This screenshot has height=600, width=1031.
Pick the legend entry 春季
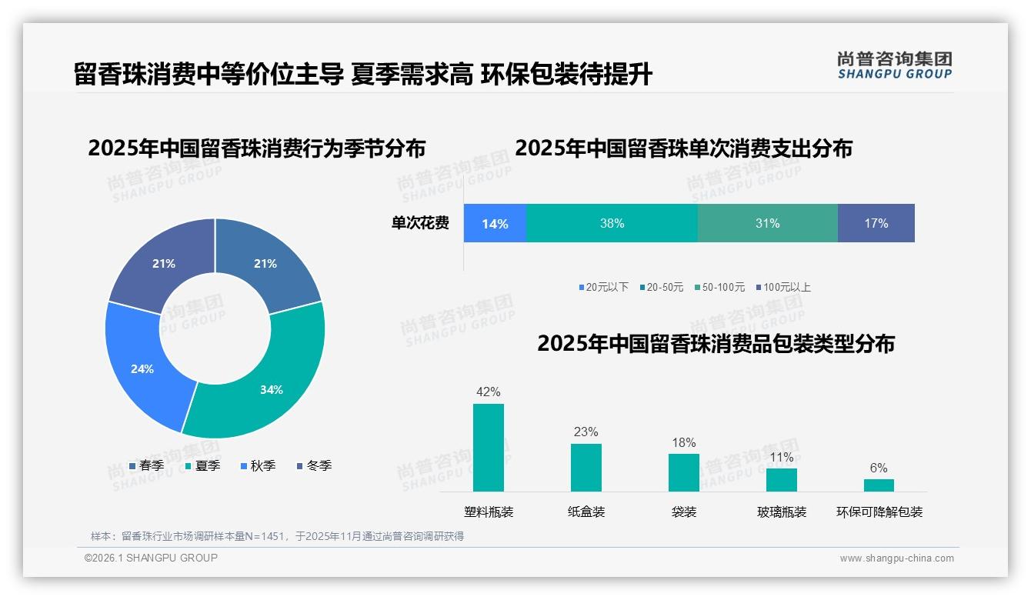[x=146, y=465]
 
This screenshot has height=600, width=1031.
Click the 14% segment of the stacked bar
[x=495, y=223]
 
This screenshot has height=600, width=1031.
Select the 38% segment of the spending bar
[x=612, y=223]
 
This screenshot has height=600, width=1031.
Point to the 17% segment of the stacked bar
[x=876, y=223]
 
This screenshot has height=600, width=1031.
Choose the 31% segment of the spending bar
[x=767, y=223]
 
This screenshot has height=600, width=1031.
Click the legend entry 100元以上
[x=783, y=287]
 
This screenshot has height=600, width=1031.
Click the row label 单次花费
[x=420, y=223]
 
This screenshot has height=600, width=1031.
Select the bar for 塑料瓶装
[x=489, y=448]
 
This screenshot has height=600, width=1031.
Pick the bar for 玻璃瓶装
[x=781, y=480]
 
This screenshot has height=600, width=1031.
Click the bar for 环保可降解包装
[x=879, y=485]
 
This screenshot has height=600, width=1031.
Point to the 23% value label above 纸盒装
[x=586, y=432]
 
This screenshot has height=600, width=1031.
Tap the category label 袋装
[x=683, y=512]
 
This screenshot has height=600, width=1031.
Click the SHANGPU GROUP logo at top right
[x=894, y=65]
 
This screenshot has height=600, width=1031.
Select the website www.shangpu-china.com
[x=896, y=558]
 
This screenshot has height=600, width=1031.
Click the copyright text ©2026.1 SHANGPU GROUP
[x=151, y=558]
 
